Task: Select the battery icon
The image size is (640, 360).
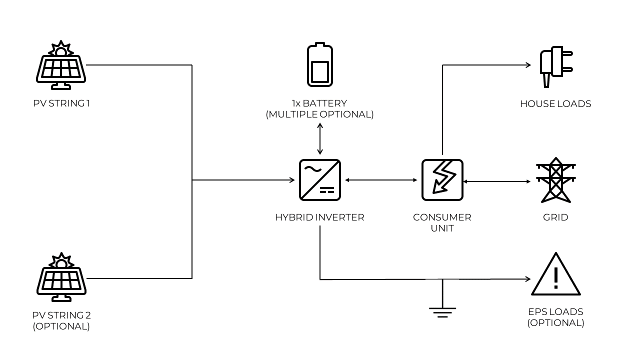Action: (320, 65)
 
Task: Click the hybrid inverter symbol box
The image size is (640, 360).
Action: (320, 179)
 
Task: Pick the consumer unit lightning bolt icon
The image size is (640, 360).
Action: (442, 179)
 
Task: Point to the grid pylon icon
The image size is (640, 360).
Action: (556, 180)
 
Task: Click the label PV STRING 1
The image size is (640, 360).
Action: (61, 104)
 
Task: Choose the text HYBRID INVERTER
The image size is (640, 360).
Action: (320, 217)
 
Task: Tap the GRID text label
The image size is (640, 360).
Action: (555, 217)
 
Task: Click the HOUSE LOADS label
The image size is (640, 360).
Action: (555, 104)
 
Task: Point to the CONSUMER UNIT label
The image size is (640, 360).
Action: (442, 222)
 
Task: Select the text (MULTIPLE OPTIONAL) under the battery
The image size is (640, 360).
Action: (320, 114)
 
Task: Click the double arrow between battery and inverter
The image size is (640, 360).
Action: (320, 137)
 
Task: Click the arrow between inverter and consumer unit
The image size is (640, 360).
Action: (381, 179)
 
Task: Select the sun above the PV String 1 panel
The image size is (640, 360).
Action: (61, 50)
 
